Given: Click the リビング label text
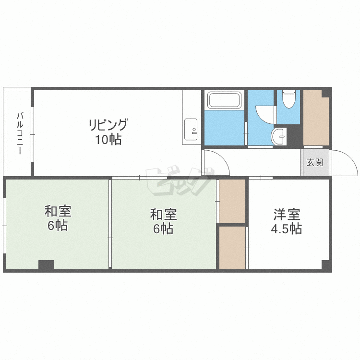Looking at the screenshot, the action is click(108, 125).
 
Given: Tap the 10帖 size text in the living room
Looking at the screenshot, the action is click(108, 139).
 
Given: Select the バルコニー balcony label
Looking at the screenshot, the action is click(20, 133).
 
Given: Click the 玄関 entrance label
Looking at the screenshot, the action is click(315, 163).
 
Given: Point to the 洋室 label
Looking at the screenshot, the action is click(287, 215).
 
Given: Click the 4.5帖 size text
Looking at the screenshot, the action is click(286, 228).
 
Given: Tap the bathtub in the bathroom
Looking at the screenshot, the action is click(224, 100).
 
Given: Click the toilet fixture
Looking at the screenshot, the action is click(288, 99).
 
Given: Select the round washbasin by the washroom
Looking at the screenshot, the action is click(279, 137).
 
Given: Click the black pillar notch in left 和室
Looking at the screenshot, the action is click(46, 265).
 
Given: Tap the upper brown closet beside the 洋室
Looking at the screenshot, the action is click(232, 201).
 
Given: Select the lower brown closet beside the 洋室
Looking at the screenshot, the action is click(232, 248).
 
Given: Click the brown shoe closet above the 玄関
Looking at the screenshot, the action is click(316, 118).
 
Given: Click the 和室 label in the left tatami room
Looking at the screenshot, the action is click(58, 211).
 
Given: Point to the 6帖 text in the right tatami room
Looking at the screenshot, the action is click(163, 228).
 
